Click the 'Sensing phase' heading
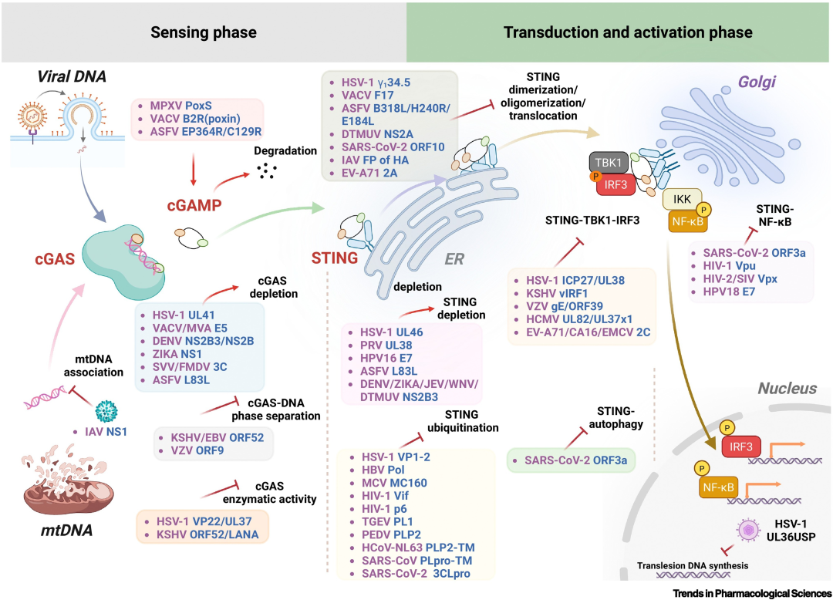click(x=204, y=32)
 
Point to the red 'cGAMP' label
click(x=194, y=206)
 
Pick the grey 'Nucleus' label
click(x=787, y=388)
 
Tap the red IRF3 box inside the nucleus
click(x=743, y=447)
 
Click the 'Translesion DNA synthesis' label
click(x=692, y=565)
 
